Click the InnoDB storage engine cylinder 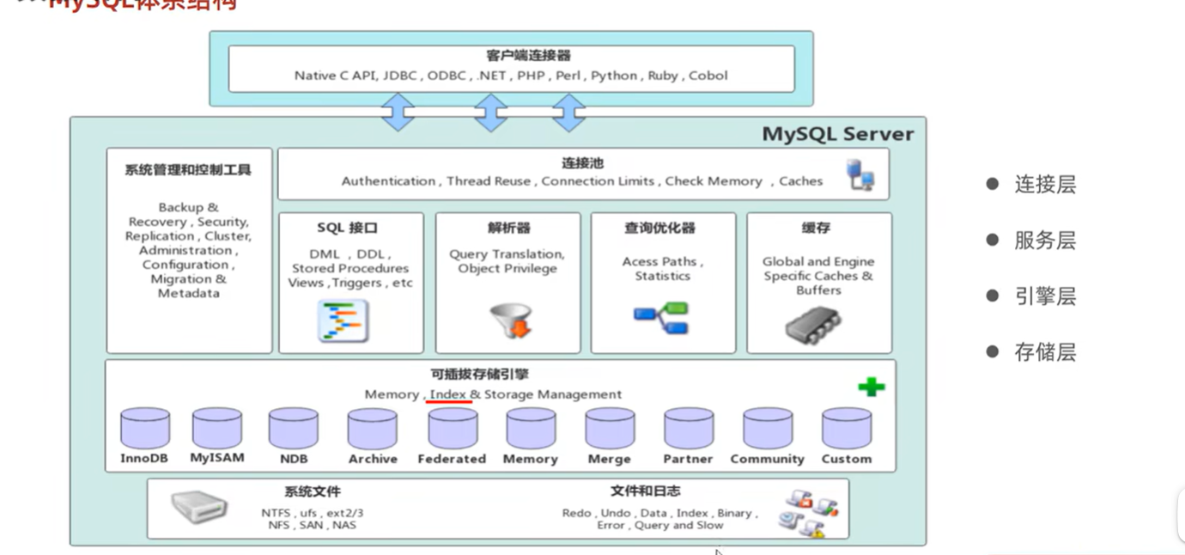144,427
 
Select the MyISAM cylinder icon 216,427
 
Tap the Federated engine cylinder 453,427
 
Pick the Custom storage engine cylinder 846,427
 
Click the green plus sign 872,387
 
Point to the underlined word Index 448,394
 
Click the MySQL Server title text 838,134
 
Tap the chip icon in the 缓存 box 812,324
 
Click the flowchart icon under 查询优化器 661,319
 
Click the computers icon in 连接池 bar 860,174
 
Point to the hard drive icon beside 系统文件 199,507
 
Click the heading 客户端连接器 516,56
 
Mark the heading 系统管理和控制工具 188,169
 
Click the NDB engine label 293,459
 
